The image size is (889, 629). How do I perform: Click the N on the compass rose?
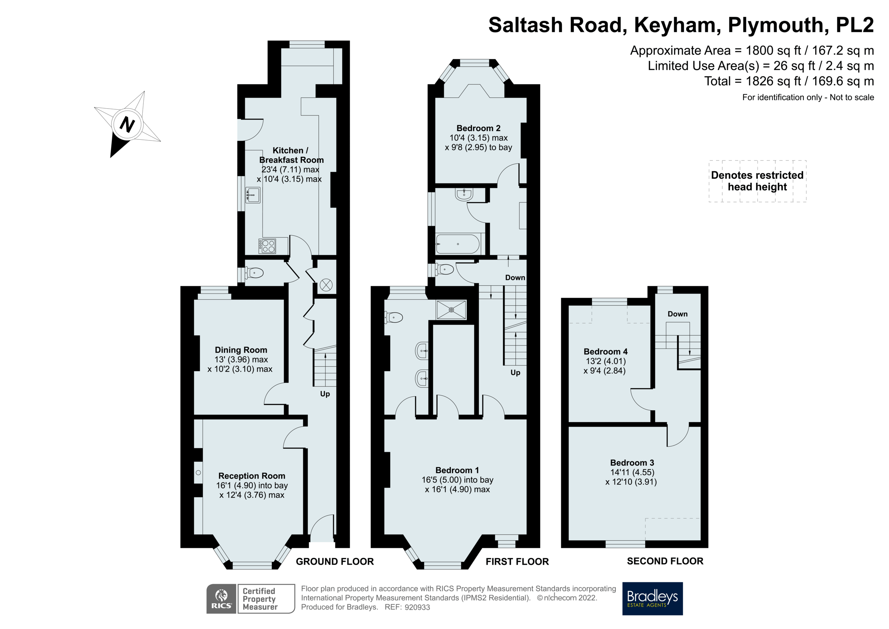(x=127, y=125)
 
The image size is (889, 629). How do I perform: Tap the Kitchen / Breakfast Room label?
(x=291, y=155)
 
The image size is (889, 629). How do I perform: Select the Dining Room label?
(x=241, y=350)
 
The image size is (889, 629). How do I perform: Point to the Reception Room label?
(x=252, y=476)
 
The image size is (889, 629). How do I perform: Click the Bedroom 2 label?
(x=478, y=128)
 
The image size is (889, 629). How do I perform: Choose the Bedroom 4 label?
(x=606, y=351)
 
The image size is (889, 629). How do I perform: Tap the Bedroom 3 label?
(x=632, y=463)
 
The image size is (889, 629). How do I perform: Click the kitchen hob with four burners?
(x=267, y=246)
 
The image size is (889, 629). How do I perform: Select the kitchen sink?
(x=253, y=195)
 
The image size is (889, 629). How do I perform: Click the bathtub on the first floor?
(x=458, y=244)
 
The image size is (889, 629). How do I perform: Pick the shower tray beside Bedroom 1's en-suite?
(x=452, y=309)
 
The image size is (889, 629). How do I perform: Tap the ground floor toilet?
(x=254, y=273)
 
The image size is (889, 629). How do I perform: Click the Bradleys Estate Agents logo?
(x=652, y=598)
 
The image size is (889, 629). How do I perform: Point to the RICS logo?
(x=221, y=598)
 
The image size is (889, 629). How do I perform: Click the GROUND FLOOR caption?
(x=334, y=562)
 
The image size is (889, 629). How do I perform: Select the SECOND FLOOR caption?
(x=665, y=561)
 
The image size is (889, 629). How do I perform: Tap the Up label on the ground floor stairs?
(x=325, y=394)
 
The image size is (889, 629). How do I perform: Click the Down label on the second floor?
(x=677, y=314)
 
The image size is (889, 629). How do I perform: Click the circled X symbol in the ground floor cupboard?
(x=326, y=285)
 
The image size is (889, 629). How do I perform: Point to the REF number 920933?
(x=417, y=607)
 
